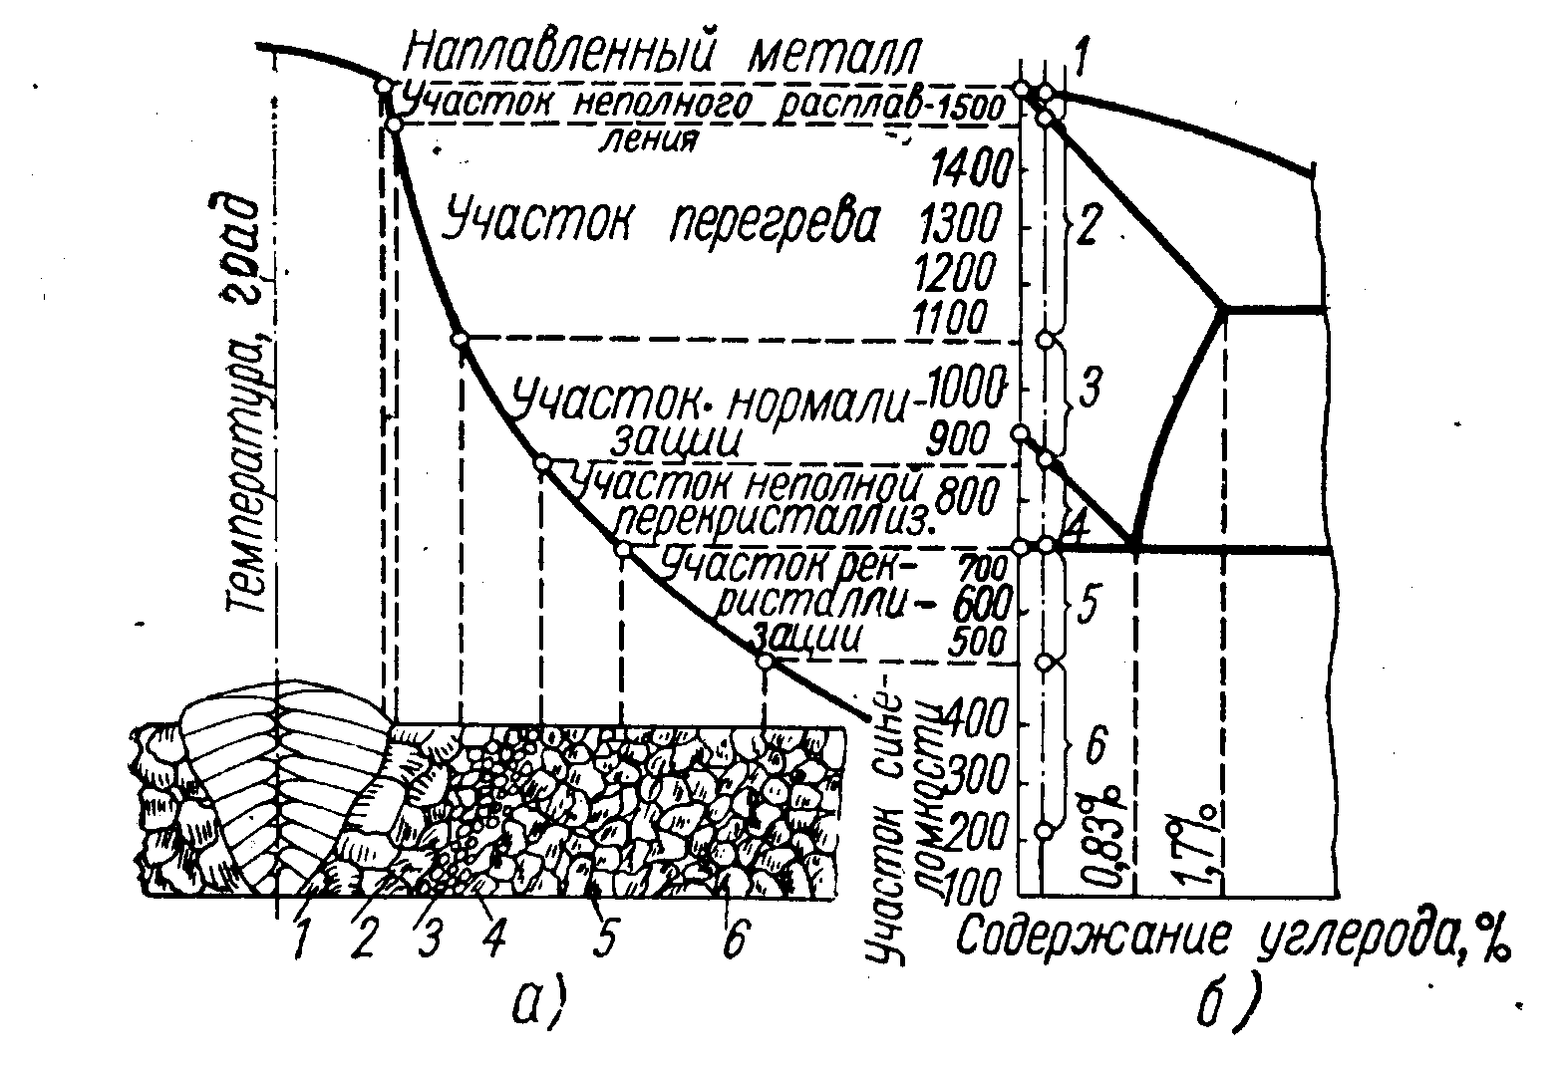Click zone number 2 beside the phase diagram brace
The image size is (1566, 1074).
(x=1089, y=227)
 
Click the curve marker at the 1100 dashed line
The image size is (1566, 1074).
(x=461, y=340)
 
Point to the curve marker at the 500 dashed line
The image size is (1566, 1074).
(x=765, y=661)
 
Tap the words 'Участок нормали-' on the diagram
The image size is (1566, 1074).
(x=713, y=402)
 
